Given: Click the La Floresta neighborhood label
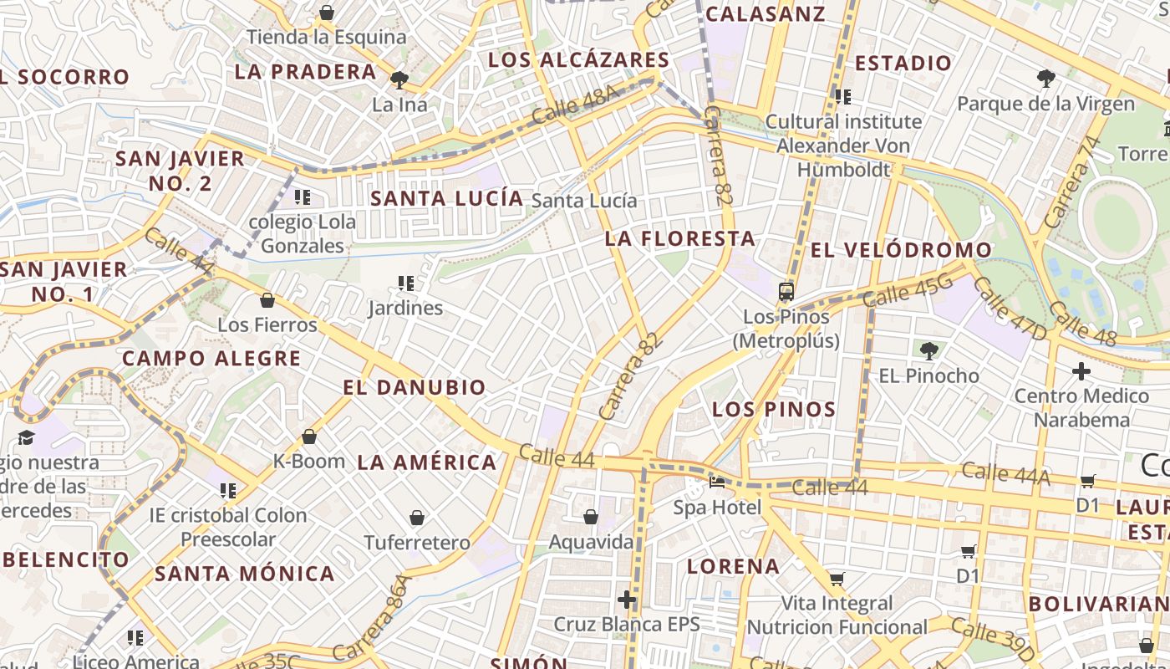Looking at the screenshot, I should pyautogui.click(x=679, y=239).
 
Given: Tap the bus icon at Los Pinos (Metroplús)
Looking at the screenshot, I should pyautogui.click(x=786, y=292).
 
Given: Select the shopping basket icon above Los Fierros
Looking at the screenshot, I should pyautogui.click(x=267, y=300).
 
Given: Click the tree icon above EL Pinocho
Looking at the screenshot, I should pyautogui.click(x=928, y=350).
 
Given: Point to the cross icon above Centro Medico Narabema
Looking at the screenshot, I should pyautogui.click(x=1081, y=370).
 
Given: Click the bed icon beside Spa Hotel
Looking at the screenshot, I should pyautogui.click(x=717, y=482).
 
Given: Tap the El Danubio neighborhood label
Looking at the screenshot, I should pyautogui.click(x=414, y=388).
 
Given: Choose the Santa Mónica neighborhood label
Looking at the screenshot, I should pyautogui.click(x=245, y=574).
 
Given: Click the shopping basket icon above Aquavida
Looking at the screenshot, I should pyautogui.click(x=590, y=517).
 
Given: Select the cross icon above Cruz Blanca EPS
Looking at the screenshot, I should pyautogui.click(x=627, y=600).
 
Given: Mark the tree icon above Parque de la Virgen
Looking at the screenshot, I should pyautogui.click(x=1045, y=79).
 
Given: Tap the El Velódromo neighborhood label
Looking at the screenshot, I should pyautogui.click(x=901, y=250).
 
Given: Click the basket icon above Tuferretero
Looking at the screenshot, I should pyautogui.click(x=416, y=518).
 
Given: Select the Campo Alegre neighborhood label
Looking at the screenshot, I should pyautogui.click(x=211, y=359).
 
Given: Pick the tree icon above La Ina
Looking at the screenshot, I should pyautogui.click(x=399, y=79).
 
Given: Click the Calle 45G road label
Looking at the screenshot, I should pyautogui.click(x=907, y=290).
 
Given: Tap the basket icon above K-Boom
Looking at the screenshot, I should pyautogui.click(x=308, y=437).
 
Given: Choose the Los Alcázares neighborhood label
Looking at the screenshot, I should pyautogui.click(x=578, y=60).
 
